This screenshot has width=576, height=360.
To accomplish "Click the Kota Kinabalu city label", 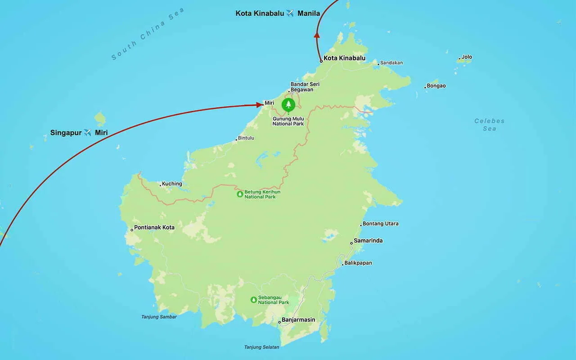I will [344, 58].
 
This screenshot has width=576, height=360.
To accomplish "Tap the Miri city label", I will [269, 103].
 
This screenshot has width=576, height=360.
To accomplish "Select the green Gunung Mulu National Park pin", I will [288, 105].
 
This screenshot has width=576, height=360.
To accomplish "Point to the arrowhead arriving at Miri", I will [260, 105].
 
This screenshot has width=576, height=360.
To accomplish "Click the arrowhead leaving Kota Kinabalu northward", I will [317, 35].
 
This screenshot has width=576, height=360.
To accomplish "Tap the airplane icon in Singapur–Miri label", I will [88, 133].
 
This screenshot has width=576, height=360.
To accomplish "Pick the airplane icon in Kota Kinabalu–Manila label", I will [290, 13].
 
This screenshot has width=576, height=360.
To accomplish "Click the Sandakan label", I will [391, 63].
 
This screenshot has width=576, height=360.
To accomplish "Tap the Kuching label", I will [172, 184].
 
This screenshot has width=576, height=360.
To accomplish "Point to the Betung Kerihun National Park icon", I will [240, 194].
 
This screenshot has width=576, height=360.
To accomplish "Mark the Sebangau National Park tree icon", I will [254, 299].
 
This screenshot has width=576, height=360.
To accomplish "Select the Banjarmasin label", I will [298, 320].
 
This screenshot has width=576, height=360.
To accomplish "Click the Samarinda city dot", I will [351, 243].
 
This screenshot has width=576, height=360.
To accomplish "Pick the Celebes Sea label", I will [489, 125].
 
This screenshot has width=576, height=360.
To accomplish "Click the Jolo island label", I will [467, 57].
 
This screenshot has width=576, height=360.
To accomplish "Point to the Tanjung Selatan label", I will [261, 347].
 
